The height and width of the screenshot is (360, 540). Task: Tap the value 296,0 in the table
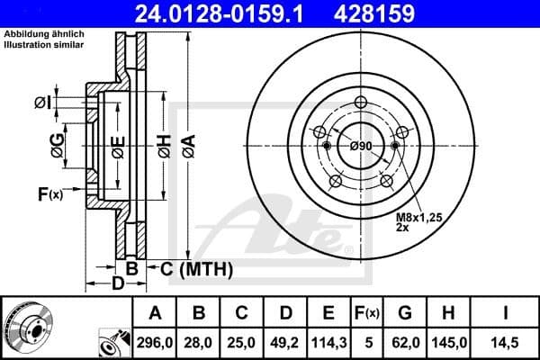pos(154,343)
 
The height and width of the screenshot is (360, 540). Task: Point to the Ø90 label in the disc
pos(361,147)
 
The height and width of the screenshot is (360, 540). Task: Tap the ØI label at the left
pos(41,102)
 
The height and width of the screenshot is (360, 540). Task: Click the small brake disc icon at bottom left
pos(27,328)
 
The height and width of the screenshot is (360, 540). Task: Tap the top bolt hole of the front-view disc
pos(361,102)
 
